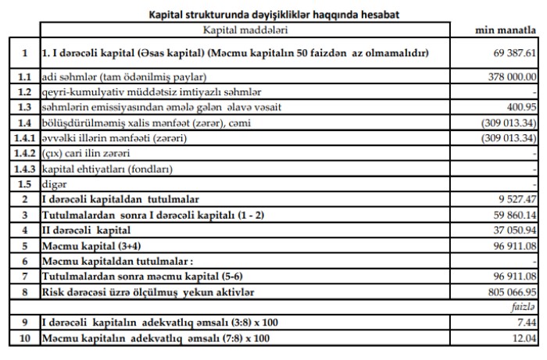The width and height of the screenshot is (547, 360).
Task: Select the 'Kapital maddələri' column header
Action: tap(241, 29)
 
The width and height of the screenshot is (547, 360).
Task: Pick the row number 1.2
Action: tap(24, 92)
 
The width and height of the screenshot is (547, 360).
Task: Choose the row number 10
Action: tap(24, 338)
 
